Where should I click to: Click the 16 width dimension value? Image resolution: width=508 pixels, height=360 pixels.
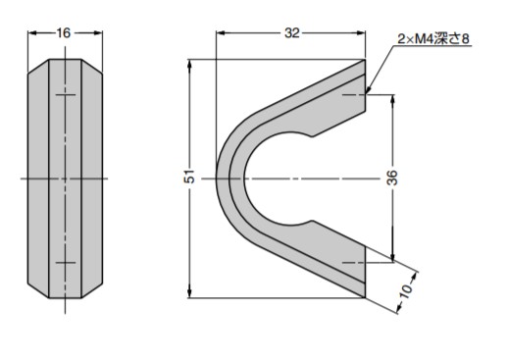pos(64,32)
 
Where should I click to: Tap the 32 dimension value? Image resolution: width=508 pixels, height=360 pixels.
pos(291,32)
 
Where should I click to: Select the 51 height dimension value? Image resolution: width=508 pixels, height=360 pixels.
pos(190,177)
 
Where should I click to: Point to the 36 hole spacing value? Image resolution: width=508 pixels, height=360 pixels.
pos(392,178)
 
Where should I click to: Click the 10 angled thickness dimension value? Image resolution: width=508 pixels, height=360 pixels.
pos(406,290)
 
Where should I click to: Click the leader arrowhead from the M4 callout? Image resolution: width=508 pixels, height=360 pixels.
pos(368,90)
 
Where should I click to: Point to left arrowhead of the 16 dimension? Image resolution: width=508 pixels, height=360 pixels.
pos(32,32)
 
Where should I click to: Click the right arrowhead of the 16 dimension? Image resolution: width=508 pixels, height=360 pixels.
pos(98,32)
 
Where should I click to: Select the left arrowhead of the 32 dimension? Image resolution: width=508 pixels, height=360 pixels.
pos(221,32)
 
